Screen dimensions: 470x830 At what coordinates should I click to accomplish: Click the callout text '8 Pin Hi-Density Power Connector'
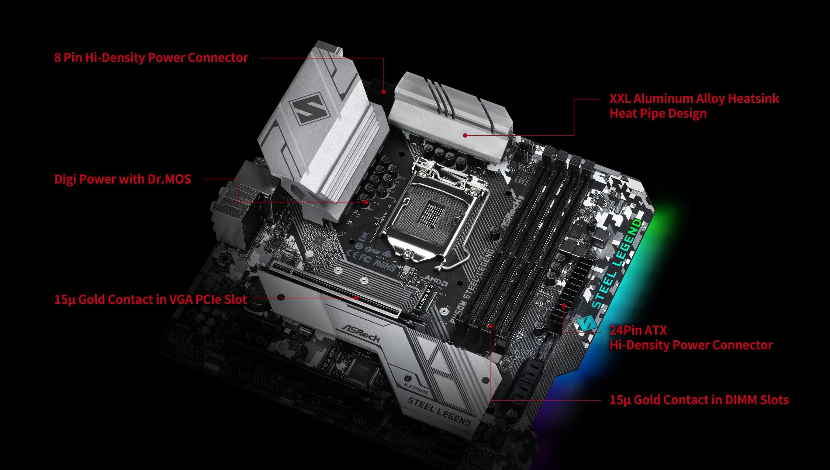pyautogui.click(x=151, y=58)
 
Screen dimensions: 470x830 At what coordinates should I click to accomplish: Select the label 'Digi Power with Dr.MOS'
pyautogui.click(x=122, y=179)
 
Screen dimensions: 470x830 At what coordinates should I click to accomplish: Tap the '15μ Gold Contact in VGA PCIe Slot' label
pyautogui.click(x=151, y=299)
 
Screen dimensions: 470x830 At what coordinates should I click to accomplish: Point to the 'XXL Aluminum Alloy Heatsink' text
pyautogui.click(x=694, y=99)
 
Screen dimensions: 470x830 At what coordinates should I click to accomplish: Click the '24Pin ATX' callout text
pyautogui.click(x=638, y=330)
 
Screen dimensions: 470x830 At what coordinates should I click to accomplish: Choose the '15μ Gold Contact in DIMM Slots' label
pyautogui.click(x=699, y=400)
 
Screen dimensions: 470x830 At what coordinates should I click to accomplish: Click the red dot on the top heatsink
pyautogui.click(x=466, y=135)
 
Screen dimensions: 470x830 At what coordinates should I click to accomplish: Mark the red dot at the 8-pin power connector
pyautogui.click(x=384, y=91)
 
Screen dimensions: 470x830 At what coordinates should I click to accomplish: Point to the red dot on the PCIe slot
pyautogui.click(x=356, y=297)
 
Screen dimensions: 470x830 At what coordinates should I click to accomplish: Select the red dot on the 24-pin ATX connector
pyautogui.click(x=564, y=305)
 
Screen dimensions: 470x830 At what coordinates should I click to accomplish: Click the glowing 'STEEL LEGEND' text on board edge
pyautogui.click(x=617, y=263)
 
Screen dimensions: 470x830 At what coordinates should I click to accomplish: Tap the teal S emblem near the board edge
pyautogui.click(x=587, y=323)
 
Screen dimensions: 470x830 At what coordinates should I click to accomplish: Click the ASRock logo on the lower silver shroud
pyautogui.click(x=361, y=333)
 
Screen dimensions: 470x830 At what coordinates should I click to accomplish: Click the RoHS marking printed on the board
pyautogui.click(x=385, y=265)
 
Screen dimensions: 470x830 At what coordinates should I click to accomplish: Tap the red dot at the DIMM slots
pyautogui.click(x=491, y=326)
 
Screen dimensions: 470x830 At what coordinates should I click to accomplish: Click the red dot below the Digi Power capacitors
pyautogui.click(x=366, y=202)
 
